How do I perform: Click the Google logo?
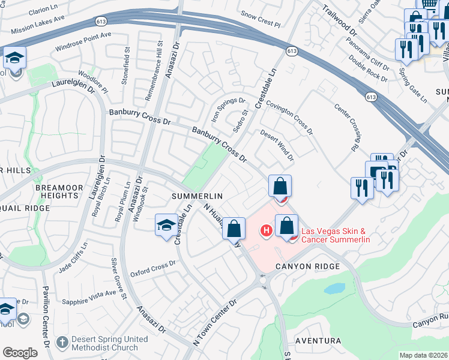click(20, 353)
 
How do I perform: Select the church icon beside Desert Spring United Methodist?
click(62, 343)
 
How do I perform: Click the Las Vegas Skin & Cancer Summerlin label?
click(336, 235)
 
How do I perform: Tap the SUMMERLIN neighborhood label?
click(197, 196)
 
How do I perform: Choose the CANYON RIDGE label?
click(309, 266)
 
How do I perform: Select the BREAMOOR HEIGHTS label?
click(59, 192)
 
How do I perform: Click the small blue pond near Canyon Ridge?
click(334, 289)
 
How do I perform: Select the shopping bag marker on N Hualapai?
click(234, 228)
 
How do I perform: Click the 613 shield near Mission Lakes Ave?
click(100, 22)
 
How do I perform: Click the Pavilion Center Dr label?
click(46, 327)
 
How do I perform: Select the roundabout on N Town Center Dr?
click(263, 280)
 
